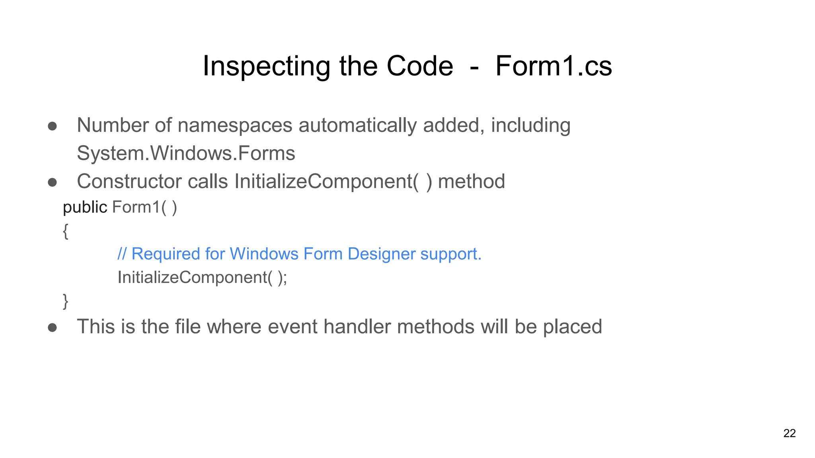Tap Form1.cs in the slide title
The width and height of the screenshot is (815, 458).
[553, 66]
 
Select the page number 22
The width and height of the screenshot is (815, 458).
[789, 433]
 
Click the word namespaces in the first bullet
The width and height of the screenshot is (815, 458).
[235, 126]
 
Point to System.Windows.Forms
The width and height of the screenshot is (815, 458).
[186, 153]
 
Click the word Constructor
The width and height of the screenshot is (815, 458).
[129, 182]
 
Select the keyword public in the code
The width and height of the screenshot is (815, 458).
[85, 208]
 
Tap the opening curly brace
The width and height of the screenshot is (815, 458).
[66, 231]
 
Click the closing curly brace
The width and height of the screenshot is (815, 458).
[66, 301]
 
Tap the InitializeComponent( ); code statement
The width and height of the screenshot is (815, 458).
[202, 278]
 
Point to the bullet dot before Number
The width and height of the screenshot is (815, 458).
[52, 126]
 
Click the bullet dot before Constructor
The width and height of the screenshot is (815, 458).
[52, 182]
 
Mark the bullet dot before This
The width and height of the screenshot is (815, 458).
[52, 328]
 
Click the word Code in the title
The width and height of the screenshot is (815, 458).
[420, 66]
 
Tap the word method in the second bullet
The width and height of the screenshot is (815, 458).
[471, 182]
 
